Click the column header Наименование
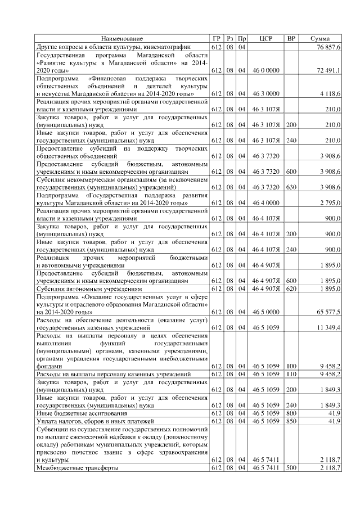coord(122,38)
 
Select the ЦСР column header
coord(267,38)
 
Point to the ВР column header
coord(291,38)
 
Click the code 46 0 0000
coord(267,70)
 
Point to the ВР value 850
coord(291,421)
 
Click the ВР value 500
coord(291,467)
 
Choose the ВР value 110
coord(291,373)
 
